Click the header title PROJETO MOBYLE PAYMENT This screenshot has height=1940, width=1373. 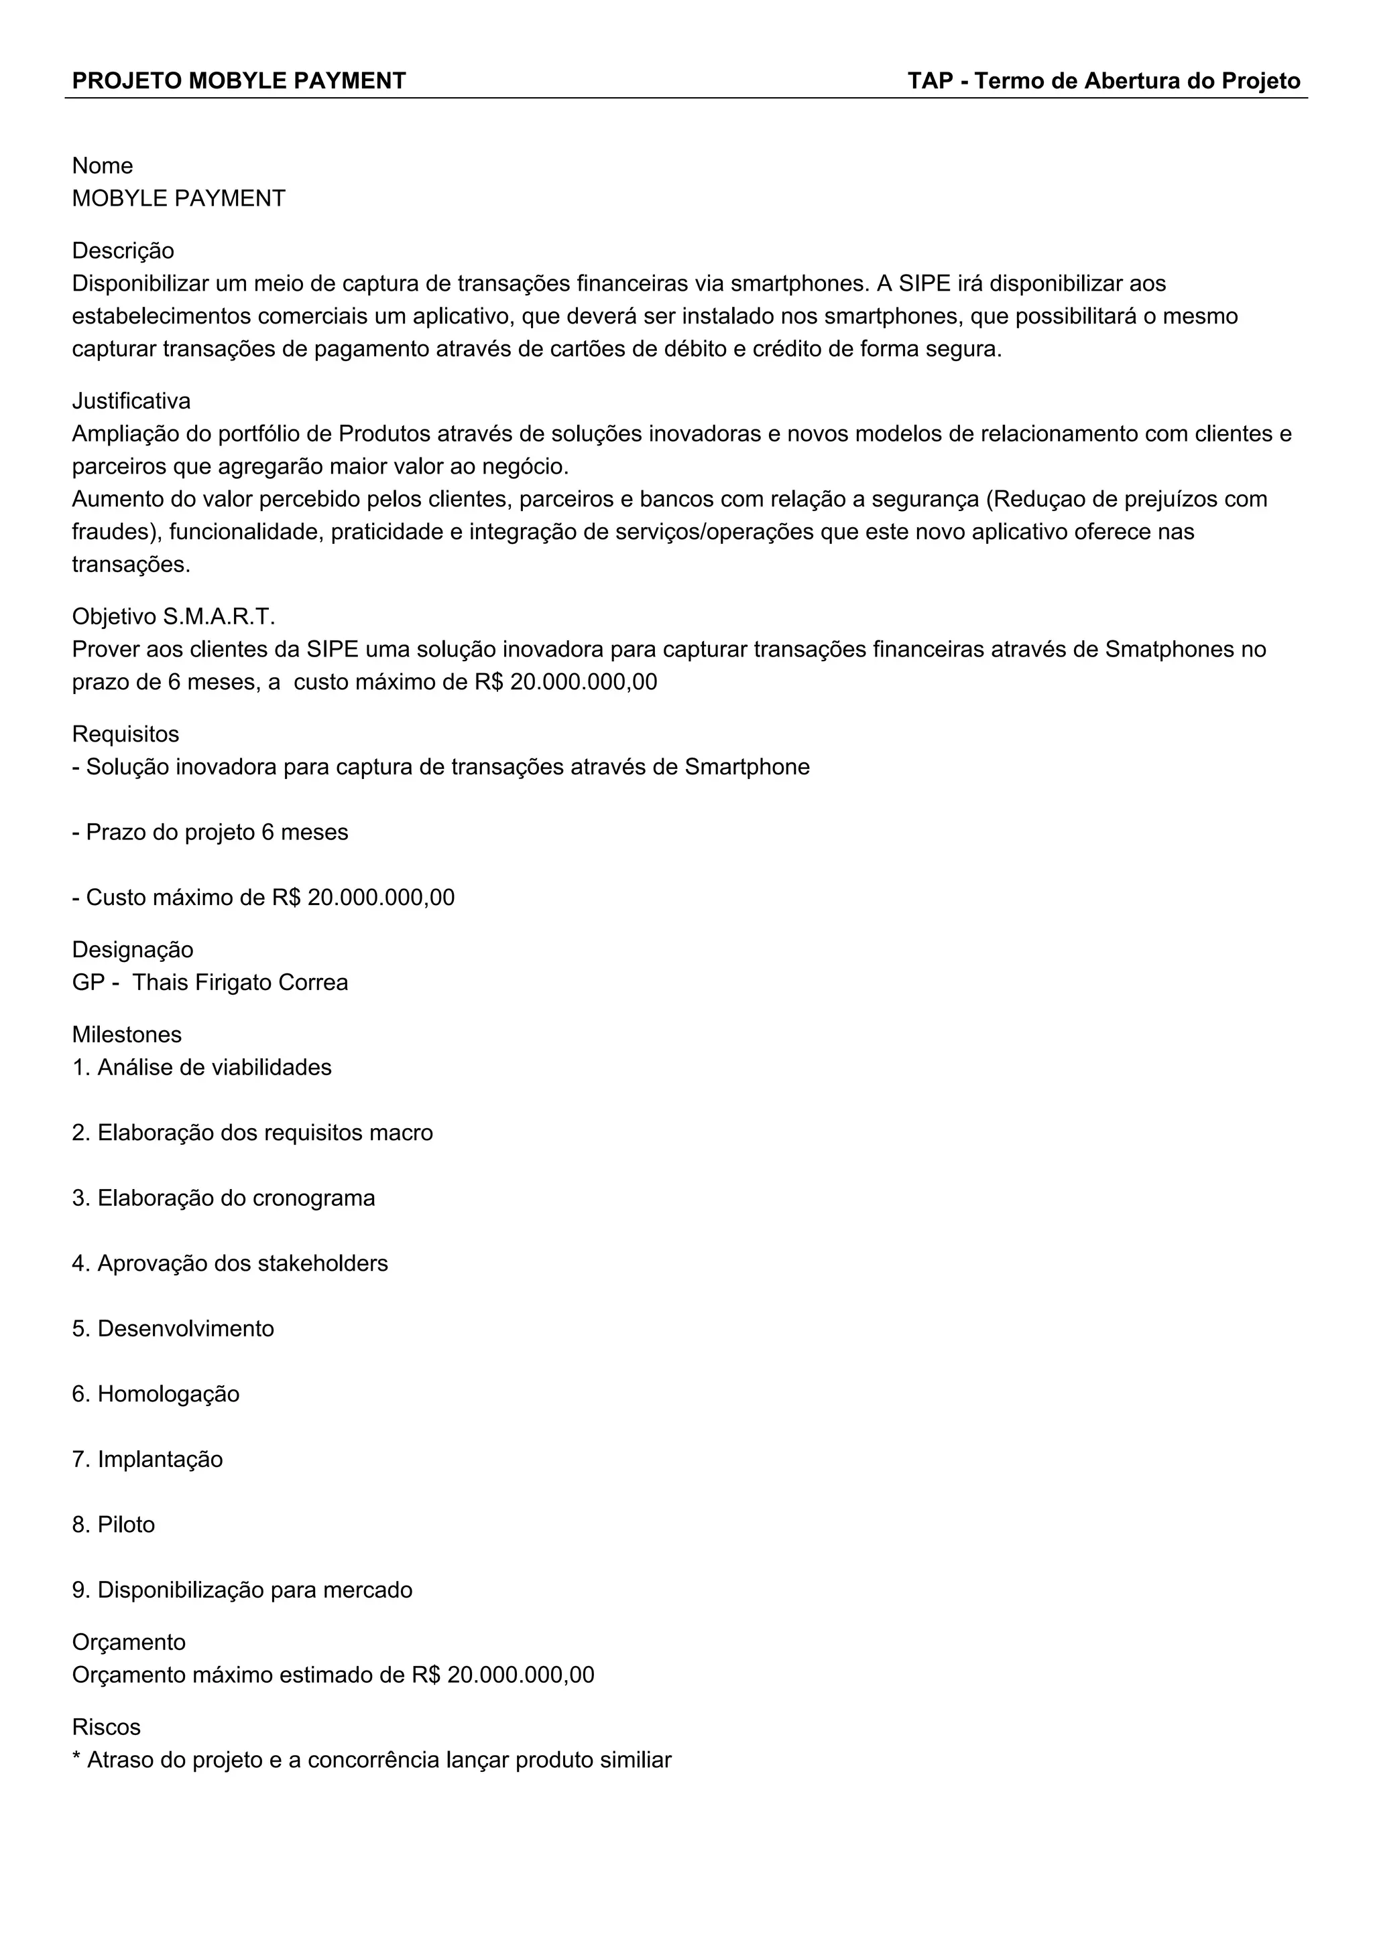(x=239, y=81)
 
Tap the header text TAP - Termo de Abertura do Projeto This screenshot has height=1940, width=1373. (x=1103, y=81)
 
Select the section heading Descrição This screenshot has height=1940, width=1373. (x=123, y=251)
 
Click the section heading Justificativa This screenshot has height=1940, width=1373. (x=131, y=401)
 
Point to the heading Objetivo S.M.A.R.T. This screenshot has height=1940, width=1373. (x=174, y=617)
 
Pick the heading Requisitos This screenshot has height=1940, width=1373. (x=125, y=734)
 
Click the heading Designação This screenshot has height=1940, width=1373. (x=133, y=950)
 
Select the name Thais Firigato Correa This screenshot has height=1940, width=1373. (x=240, y=983)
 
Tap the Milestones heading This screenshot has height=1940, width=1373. (x=127, y=1035)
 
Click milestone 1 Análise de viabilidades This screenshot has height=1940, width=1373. (x=202, y=1068)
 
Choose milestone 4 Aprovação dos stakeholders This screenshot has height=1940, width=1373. (x=230, y=1263)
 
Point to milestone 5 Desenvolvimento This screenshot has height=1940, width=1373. (x=174, y=1329)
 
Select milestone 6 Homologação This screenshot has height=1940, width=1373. (x=156, y=1394)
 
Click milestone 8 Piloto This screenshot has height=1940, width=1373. (x=113, y=1525)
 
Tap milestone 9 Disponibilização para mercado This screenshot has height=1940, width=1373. (x=243, y=1590)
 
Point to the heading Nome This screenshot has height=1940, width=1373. (x=103, y=165)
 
